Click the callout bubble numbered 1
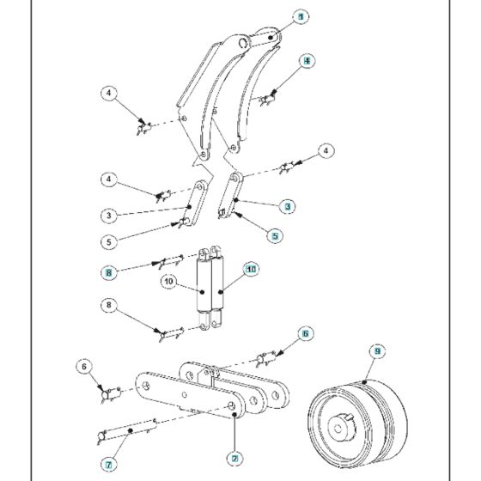301,17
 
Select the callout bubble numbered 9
375,351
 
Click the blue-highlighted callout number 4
306,61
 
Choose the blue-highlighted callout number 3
288,206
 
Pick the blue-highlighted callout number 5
274,234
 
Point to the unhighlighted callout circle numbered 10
169,281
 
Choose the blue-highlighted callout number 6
305,332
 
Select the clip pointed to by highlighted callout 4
267,101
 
